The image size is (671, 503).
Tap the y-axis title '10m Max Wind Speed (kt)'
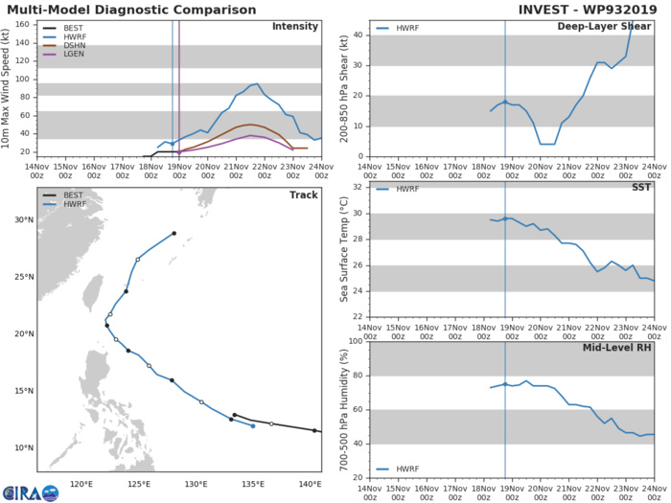point(10,88)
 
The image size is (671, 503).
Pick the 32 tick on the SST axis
point(358,188)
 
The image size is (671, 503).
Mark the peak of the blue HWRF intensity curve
point(256,83)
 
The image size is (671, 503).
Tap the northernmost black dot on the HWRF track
point(174,233)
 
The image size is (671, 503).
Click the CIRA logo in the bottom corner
point(30,492)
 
